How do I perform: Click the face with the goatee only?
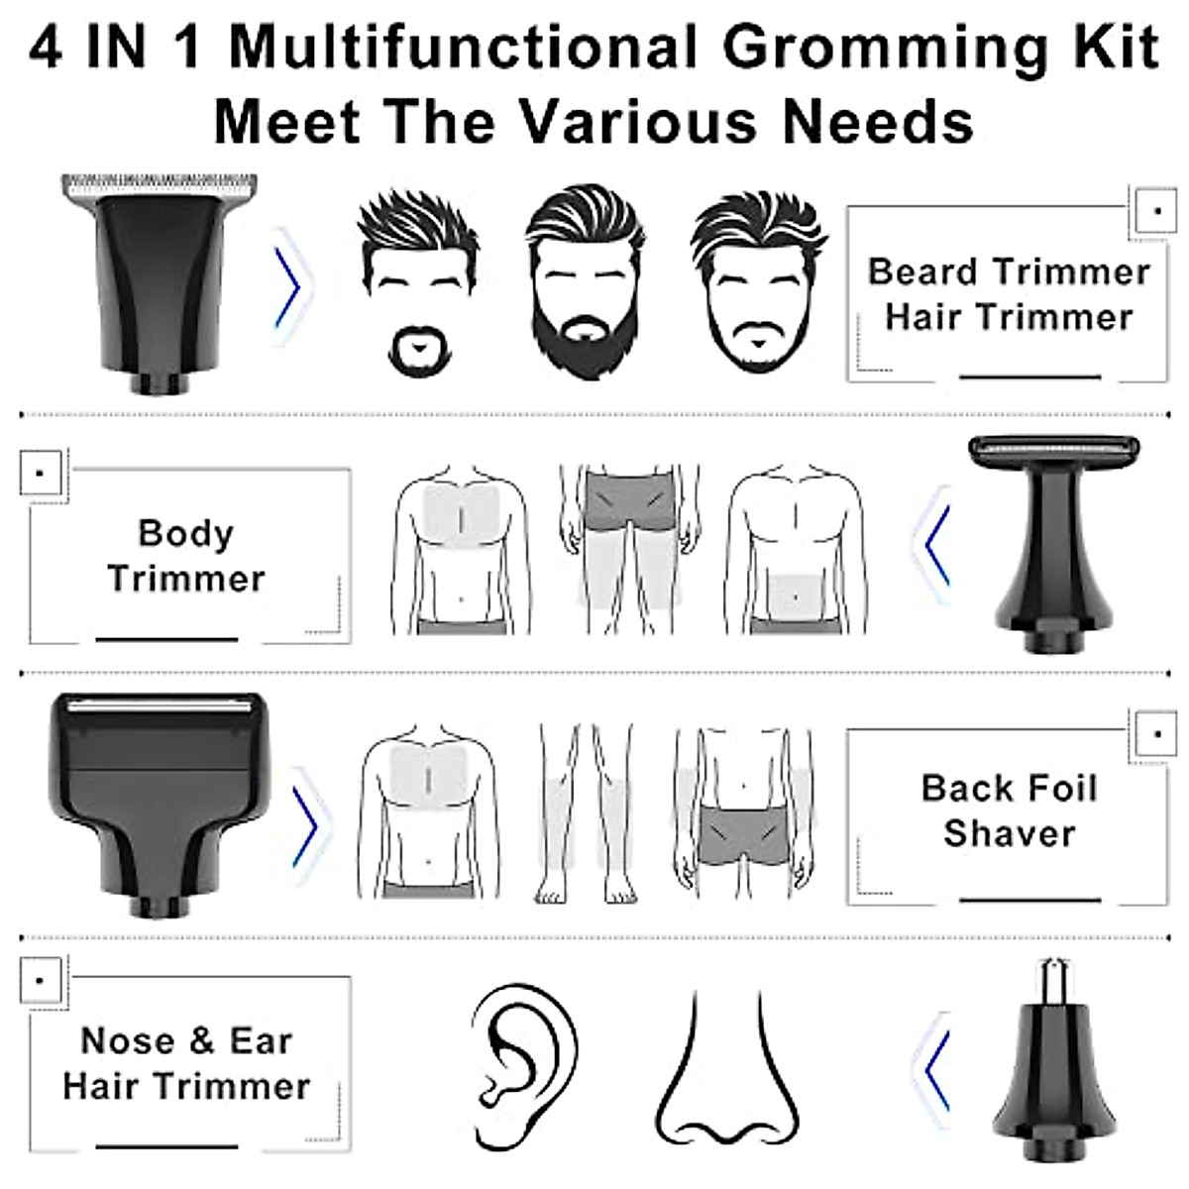coord(416,287)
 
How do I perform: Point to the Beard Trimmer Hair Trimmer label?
coord(1009,294)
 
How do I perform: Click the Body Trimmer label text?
coord(186,556)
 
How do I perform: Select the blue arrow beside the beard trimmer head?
coord(288,288)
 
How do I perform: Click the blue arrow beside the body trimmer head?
coord(936,544)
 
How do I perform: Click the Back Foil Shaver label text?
coord(1009,811)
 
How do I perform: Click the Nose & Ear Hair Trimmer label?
coord(186,1063)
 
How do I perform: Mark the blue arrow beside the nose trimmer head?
coord(936,1070)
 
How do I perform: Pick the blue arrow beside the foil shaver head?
coord(307,822)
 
